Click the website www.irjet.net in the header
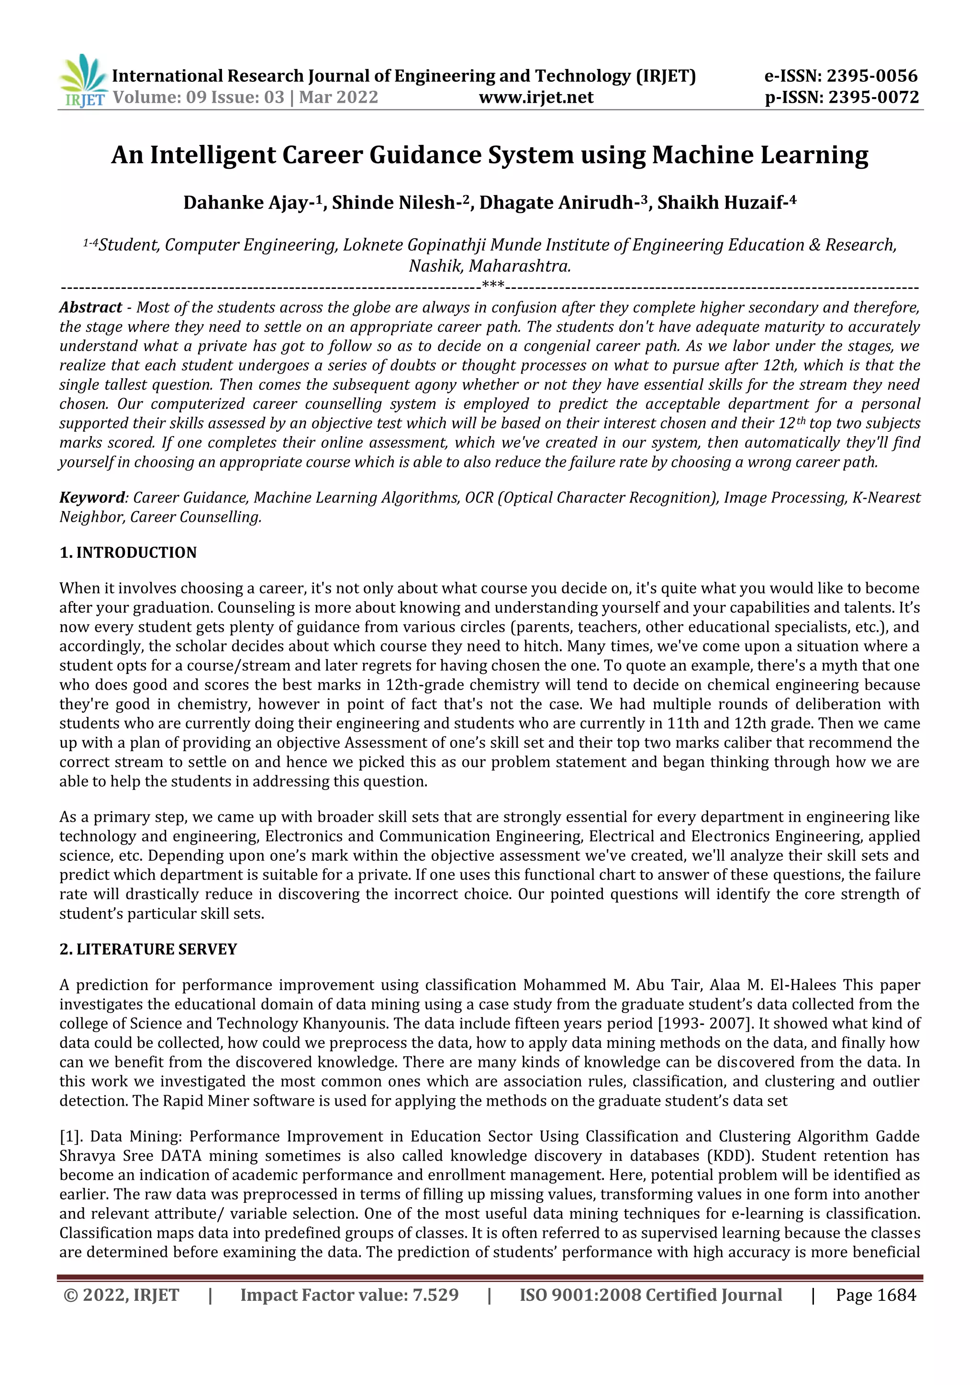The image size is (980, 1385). click(x=536, y=97)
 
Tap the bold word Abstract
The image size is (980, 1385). click(x=90, y=307)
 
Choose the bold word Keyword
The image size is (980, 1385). click(x=92, y=498)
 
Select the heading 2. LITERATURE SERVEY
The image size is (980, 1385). click(x=148, y=949)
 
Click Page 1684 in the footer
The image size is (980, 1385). click(x=876, y=1295)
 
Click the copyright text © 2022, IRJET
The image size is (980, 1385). click(x=121, y=1295)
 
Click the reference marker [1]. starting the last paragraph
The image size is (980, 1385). click(x=71, y=1136)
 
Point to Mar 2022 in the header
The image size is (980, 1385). click(x=338, y=97)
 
